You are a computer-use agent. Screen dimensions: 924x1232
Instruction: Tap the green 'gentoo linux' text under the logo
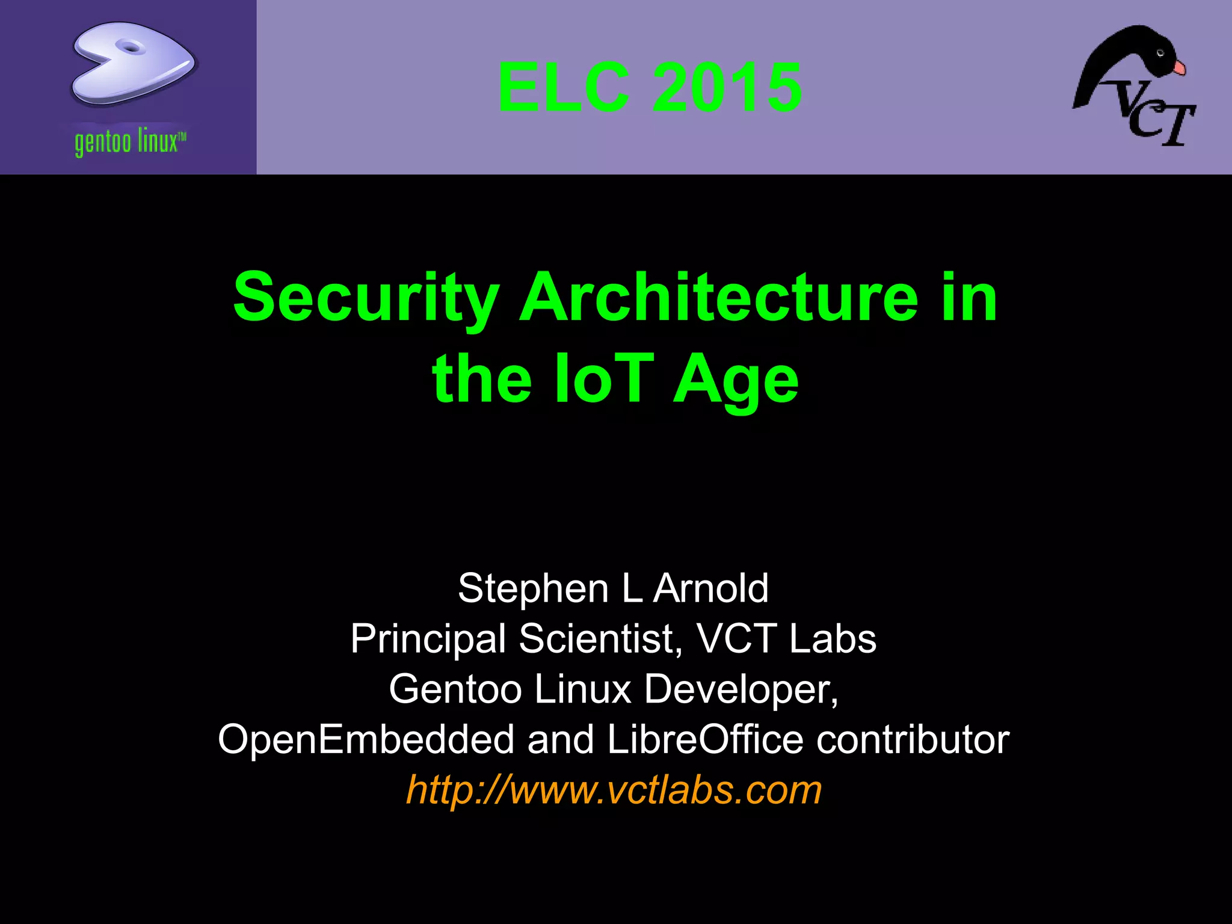coord(130,143)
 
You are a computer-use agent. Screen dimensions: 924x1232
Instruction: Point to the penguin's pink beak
coord(1179,68)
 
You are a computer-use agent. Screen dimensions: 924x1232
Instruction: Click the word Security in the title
coord(366,298)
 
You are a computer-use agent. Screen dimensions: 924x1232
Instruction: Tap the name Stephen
coord(533,588)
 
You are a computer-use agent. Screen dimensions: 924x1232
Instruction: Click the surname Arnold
coord(710,588)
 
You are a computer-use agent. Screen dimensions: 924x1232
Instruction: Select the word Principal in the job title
coord(428,639)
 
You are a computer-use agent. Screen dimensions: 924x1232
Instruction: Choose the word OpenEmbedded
coord(366,739)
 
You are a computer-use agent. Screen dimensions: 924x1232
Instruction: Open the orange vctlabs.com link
coord(614,790)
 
